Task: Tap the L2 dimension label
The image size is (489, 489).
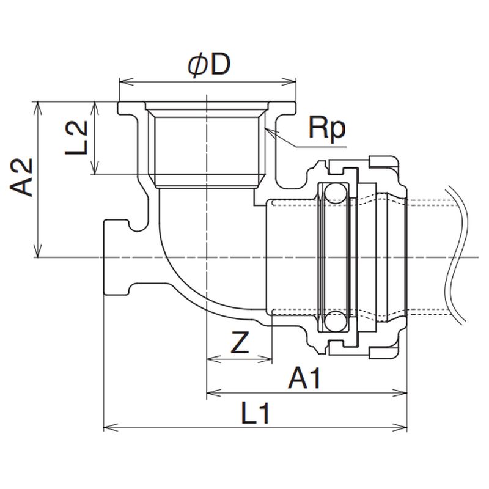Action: (78, 138)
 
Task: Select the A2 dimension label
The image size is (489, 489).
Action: (22, 178)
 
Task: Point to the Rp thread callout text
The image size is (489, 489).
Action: (326, 129)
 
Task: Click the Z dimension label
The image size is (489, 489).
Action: (240, 345)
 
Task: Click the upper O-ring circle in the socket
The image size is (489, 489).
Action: (334, 194)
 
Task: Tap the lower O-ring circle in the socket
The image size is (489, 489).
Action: (334, 320)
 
